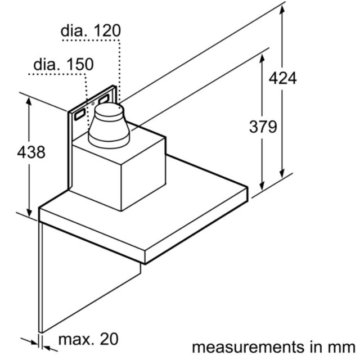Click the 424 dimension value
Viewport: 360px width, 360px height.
[282, 78]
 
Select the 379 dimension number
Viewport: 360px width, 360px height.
[263, 127]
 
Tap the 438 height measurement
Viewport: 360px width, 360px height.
[31, 152]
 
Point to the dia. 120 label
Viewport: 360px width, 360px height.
[91, 30]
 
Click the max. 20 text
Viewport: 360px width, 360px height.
[88, 339]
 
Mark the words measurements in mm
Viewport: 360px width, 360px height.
[274, 347]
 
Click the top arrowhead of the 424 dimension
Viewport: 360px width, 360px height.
[282, 9]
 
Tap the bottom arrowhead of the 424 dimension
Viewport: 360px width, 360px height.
[282, 173]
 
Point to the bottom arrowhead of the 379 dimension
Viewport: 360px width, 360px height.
[262, 186]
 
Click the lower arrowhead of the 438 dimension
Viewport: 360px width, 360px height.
[29, 213]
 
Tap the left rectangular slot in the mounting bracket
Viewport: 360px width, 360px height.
[80, 114]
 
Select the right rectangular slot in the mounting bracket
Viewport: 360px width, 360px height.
[103, 100]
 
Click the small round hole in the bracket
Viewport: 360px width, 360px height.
[93, 103]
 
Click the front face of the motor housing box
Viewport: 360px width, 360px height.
[96, 174]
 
